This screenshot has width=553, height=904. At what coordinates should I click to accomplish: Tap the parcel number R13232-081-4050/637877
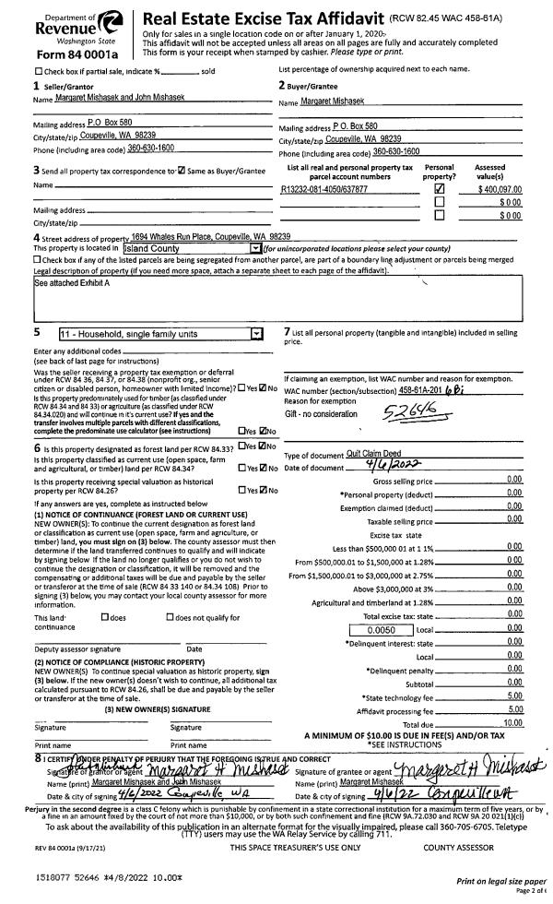tap(324, 188)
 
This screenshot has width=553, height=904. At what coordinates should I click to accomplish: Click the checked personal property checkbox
tap(439, 188)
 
